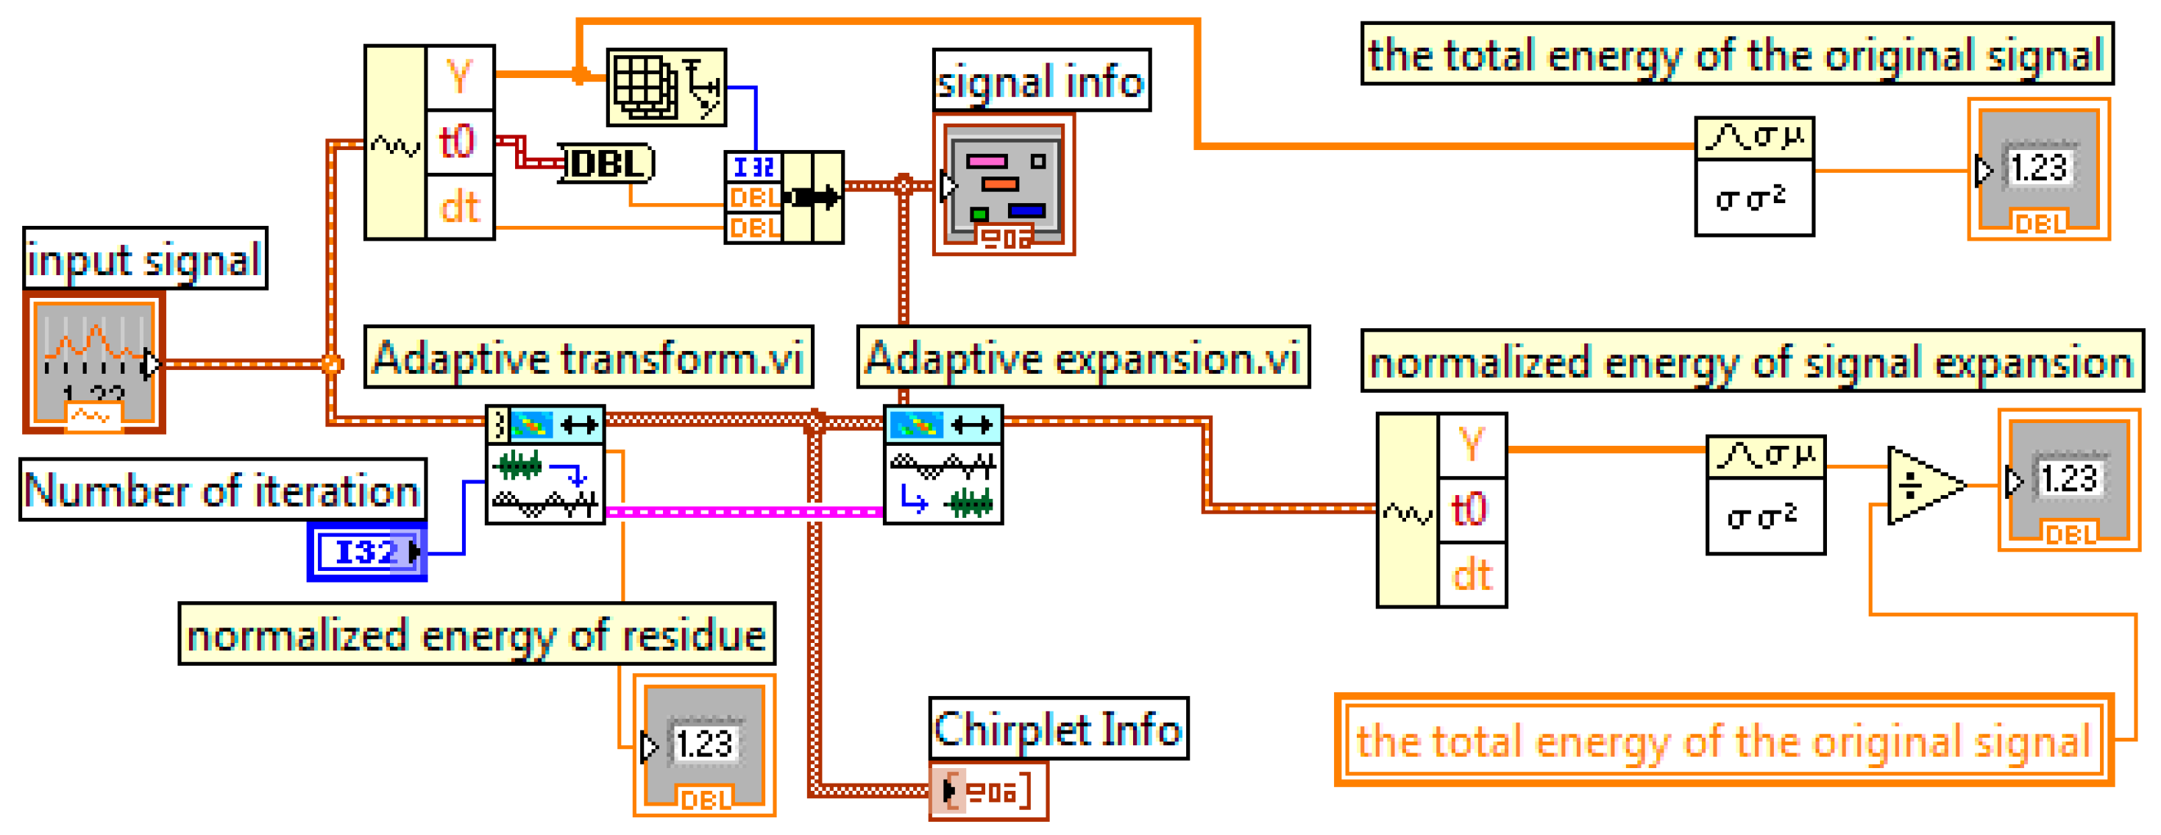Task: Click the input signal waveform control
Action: (94, 363)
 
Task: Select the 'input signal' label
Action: (144, 258)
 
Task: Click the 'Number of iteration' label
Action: (222, 489)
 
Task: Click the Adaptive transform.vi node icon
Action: (545, 465)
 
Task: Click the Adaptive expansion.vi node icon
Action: (943, 465)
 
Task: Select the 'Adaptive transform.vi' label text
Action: (588, 358)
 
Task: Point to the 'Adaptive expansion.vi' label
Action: (1082, 358)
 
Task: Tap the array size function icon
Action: (666, 88)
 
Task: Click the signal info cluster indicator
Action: (1004, 185)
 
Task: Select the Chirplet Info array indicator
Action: (988, 791)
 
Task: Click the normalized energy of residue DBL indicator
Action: (704, 745)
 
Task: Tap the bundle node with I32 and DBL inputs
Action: (784, 197)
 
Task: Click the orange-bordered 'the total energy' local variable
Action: (1723, 740)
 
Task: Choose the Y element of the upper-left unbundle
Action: (459, 77)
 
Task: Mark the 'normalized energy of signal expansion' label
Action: (1750, 361)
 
